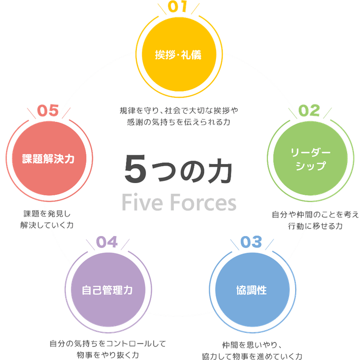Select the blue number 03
pos(251,242)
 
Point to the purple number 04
pos(107,242)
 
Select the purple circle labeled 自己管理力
pos(107,290)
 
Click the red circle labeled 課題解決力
pos(48,159)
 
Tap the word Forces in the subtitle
pos(204,203)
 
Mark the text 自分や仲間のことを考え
pos(315,214)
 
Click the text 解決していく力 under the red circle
pos(47,225)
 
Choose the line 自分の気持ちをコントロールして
pos(108,344)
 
